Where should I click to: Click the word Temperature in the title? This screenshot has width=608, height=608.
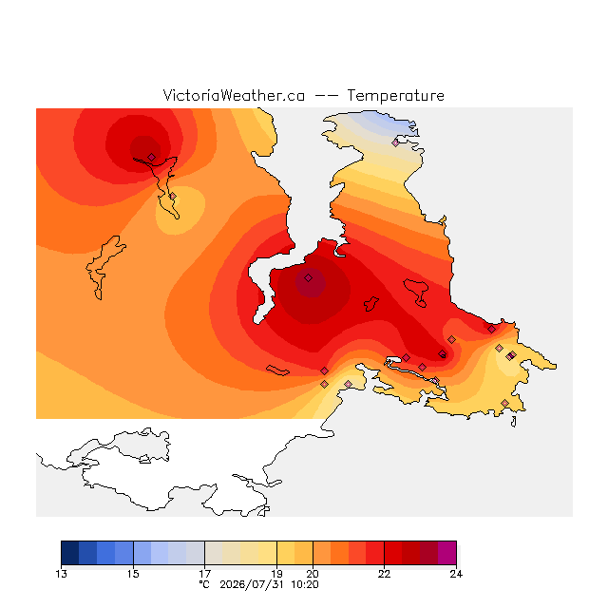point(395,95)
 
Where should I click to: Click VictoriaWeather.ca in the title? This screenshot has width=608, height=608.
point(234,95)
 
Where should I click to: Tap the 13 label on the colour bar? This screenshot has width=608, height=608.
point(61,574)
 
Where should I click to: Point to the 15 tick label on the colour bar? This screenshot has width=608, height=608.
point(133,574)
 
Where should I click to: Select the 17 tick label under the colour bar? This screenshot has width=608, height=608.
point(205,574)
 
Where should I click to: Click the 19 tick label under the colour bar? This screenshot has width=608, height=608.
point(276,574)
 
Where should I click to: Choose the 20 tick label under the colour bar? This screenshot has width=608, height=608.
point(313,574)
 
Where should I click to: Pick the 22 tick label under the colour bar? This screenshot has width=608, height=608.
point(384,574)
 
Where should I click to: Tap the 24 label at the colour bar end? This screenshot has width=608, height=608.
point(456,574)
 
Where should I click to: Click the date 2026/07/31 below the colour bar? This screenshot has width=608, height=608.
point(252,585)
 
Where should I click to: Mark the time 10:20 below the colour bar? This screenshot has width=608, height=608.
point(305,585)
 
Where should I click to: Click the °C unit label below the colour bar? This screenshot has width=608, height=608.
point(204,584)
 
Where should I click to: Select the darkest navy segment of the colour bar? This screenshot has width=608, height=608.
point(70,553)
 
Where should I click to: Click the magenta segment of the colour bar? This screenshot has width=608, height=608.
point(447,553)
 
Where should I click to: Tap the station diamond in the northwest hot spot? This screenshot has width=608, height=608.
point(152,157)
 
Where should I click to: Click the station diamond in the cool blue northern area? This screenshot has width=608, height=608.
point(395,142)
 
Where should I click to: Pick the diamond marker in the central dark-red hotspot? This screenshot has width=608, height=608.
point(308,277)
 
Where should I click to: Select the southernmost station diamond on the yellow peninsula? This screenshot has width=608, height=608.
point(504,403)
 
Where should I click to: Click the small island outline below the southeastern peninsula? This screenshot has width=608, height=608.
point(513,422)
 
